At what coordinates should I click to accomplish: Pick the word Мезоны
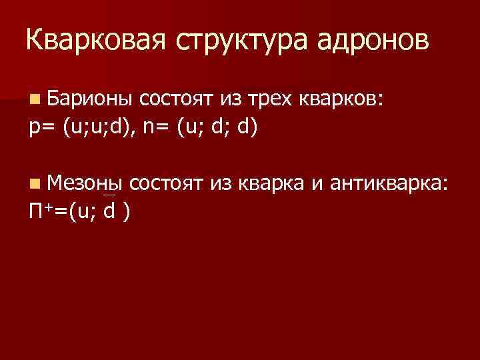(x=86, y=182)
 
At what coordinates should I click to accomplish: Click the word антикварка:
(x=387, y=182)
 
